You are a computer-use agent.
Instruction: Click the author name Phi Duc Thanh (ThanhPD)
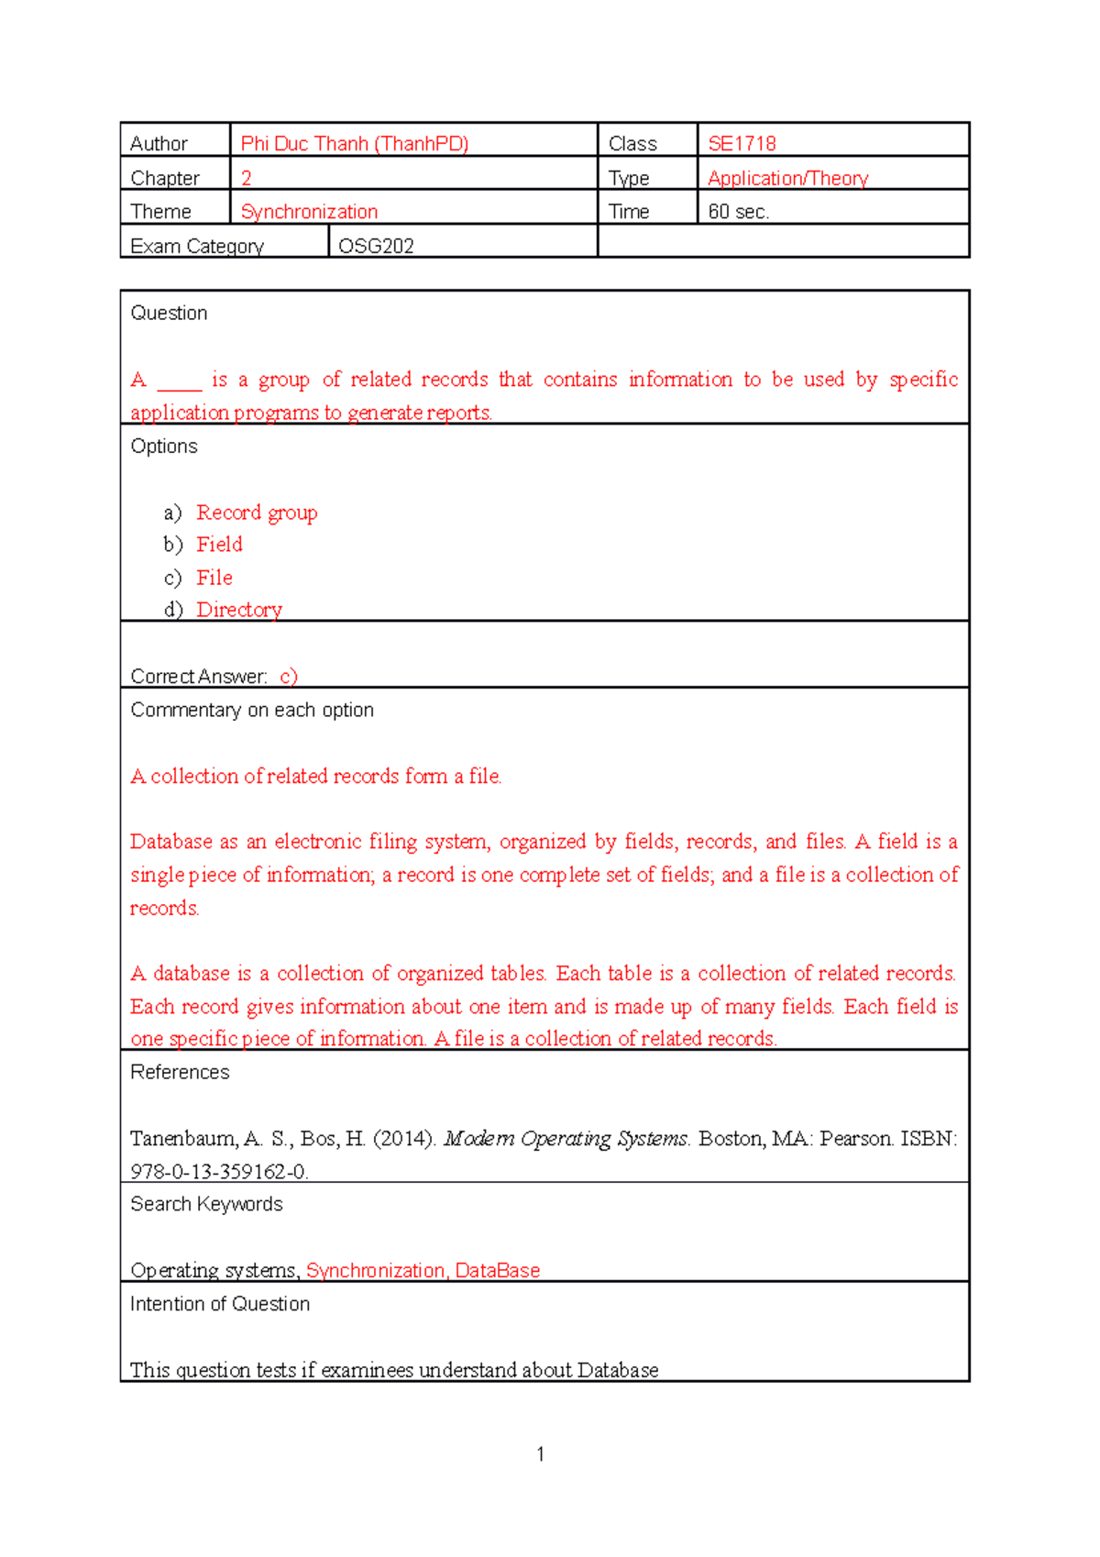click(354, 144)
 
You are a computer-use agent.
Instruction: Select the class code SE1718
click(742, 144)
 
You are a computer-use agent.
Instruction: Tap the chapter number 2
click(246, 178)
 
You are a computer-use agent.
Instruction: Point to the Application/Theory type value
click(787, 178)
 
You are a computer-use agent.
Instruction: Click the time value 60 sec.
click(738, 212)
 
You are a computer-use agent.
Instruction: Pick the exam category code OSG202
click(376, 246)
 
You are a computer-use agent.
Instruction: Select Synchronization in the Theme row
click(309, 212)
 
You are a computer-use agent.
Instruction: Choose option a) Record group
click(257, 513)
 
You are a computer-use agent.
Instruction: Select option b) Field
click(219, 545)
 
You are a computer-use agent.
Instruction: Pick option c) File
click(214, 578)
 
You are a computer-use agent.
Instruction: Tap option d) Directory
click(239, 610)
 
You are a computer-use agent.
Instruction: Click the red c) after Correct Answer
click(289, 677)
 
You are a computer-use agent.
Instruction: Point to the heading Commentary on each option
click(252, 710)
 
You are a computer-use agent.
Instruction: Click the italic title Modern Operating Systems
click(566, 1139)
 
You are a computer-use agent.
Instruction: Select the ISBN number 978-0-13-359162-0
click(219, 1171)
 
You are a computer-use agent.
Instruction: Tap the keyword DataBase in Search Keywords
click(497, 1270)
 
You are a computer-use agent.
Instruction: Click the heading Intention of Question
click(220, 1304)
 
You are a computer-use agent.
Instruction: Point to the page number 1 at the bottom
click(541, 1453)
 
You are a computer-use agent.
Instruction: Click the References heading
click(180, 1072)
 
